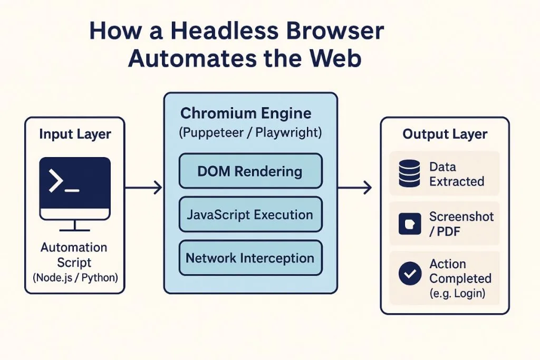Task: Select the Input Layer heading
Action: click(75, 134)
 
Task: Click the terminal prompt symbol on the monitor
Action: click(64, 181)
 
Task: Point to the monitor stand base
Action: click(75, 230)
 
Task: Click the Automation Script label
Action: click(74, 255)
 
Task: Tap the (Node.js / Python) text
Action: click(75, 277)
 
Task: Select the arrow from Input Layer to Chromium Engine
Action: click(143, 188)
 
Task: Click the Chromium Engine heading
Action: click(246, 113)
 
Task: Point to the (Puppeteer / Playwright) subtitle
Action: click(250, 133)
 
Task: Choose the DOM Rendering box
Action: click(250, 171)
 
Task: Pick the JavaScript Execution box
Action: click(250, 215)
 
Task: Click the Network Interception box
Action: click(250, 258)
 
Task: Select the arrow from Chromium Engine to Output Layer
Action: click(355, 188)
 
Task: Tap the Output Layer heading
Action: click(445, 134)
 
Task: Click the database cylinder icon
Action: click(409, 173)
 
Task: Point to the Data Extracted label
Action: click(457, 174)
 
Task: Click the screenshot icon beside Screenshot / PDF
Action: click(410, 223)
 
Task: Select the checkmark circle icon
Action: click(410, 273)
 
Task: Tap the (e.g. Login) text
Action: click(457, 293)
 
